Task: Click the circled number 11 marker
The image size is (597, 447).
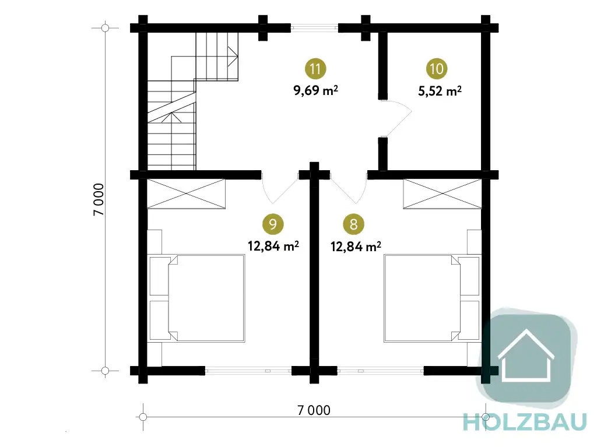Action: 315,69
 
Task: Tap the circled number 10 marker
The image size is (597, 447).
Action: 436,69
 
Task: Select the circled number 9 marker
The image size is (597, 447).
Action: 273,224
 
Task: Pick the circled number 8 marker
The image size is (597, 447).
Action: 354,224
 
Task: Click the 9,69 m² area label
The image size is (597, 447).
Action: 315,90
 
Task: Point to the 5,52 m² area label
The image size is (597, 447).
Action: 440,91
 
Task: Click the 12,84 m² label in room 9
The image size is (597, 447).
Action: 273,246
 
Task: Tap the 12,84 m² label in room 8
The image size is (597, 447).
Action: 356,247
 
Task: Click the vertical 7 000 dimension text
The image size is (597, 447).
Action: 99,199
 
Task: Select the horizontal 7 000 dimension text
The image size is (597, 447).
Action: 314,410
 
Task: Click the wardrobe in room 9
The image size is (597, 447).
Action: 186,194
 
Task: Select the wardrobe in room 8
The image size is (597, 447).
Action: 443,194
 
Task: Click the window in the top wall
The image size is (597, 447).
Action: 314,27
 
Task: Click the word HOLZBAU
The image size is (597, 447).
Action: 525,423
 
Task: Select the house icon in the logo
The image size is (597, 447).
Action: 526,356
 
